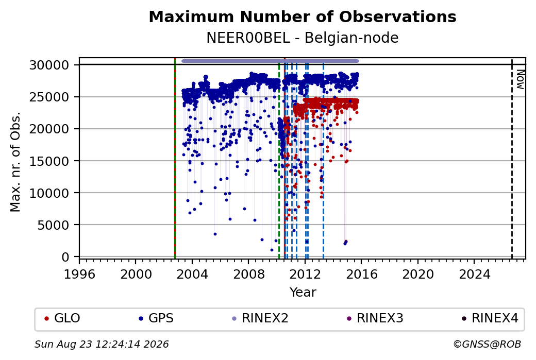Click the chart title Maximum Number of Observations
pos(303,16)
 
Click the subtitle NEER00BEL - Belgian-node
pos(303,38)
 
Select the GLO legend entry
pos(62,318)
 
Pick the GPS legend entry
pos(156,318)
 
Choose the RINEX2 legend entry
pos(260,318)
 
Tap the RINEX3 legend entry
pos(375,318)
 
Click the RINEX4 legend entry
pos(490,318)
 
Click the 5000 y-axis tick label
pos(53,225)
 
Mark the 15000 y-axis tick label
pos(49,161)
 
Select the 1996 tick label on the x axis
pos(79,275)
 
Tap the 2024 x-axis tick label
pos(474,275)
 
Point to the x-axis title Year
pos(303,293)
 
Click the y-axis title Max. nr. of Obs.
pos(15,161)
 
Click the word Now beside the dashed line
pos(520,79)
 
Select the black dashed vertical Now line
pos(512,159)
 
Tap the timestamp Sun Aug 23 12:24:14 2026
pos(102,344)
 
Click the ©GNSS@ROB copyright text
pos(487,344)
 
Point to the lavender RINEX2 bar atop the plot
pos(270,61)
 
